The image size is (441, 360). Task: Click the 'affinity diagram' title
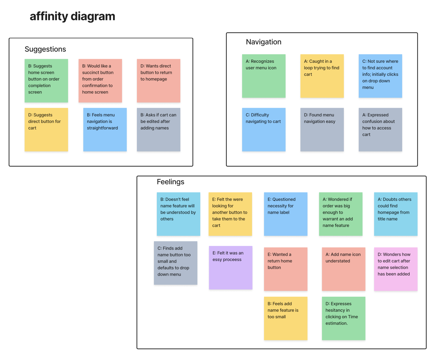tap(73, 16)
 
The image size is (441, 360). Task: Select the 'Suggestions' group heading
tap(45, 49)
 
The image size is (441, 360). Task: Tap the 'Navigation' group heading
tap(263, 42)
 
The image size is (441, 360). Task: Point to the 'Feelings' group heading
tap(171, 182)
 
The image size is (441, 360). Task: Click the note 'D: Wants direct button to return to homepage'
tap(158, 81)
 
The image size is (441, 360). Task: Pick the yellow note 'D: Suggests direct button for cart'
tap(46, 130)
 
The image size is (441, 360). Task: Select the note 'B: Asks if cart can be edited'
tap(158, 130)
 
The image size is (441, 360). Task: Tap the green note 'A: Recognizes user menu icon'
tap(264, 76)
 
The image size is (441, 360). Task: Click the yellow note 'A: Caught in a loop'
tap(322, 76)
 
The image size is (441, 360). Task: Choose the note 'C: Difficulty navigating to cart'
tap(264, 130)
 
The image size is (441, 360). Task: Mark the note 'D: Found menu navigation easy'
tap(322, 130)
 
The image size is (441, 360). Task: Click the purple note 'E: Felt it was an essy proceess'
tap(231, 268)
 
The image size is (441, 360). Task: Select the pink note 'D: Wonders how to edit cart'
tap(396, 269)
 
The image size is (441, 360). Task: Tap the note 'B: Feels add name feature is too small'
tap(286, 319)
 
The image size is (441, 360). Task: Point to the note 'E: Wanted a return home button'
tap(286, 269)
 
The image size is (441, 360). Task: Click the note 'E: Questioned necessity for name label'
tap(286, 214)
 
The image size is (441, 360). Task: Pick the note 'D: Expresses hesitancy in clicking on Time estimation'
tap(343, 319)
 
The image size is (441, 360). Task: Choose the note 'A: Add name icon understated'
tap(343, 269)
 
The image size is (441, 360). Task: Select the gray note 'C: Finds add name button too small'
tap(175, 263)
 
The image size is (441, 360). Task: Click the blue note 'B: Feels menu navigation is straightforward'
tap(105, 130)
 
